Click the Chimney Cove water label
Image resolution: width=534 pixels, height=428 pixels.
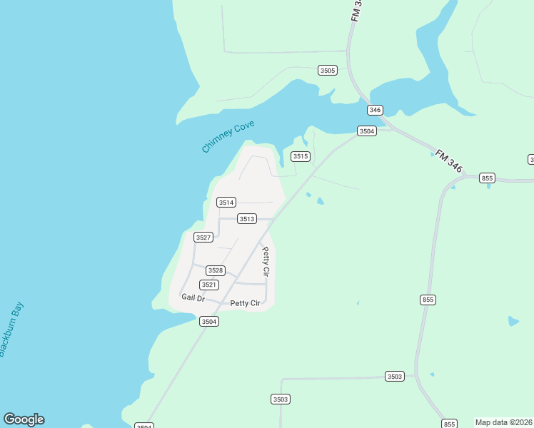coord(228,137)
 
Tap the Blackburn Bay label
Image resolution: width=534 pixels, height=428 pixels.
coord(11,330)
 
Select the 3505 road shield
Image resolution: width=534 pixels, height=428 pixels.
coord(328,71)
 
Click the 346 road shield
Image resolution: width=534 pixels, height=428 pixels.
coord(376,110)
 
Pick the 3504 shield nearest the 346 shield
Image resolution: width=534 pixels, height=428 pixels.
coord(367,131)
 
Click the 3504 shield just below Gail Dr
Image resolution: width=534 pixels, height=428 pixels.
coord(209,322)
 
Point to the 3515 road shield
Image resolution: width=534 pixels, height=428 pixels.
coord(301,156)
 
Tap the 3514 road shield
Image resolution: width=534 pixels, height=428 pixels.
coord(226,203)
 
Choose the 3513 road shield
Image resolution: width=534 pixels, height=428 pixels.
coord(247,219)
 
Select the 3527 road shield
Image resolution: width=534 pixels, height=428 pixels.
coord(203,237)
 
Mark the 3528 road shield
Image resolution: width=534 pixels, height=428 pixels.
coord(216,270)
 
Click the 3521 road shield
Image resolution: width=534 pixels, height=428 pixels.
coord(209,285)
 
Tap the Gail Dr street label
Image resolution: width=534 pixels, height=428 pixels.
coord(193,298)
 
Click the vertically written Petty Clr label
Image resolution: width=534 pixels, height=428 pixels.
coord(266,262)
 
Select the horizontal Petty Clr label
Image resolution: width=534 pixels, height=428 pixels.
coord(245,304)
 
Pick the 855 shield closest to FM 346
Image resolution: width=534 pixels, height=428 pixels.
coord(488,178)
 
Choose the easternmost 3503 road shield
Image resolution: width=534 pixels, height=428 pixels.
coord(395,376)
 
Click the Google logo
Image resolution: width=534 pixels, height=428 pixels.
coord(24,419)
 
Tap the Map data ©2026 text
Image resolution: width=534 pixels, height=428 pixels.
coord(504,422)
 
